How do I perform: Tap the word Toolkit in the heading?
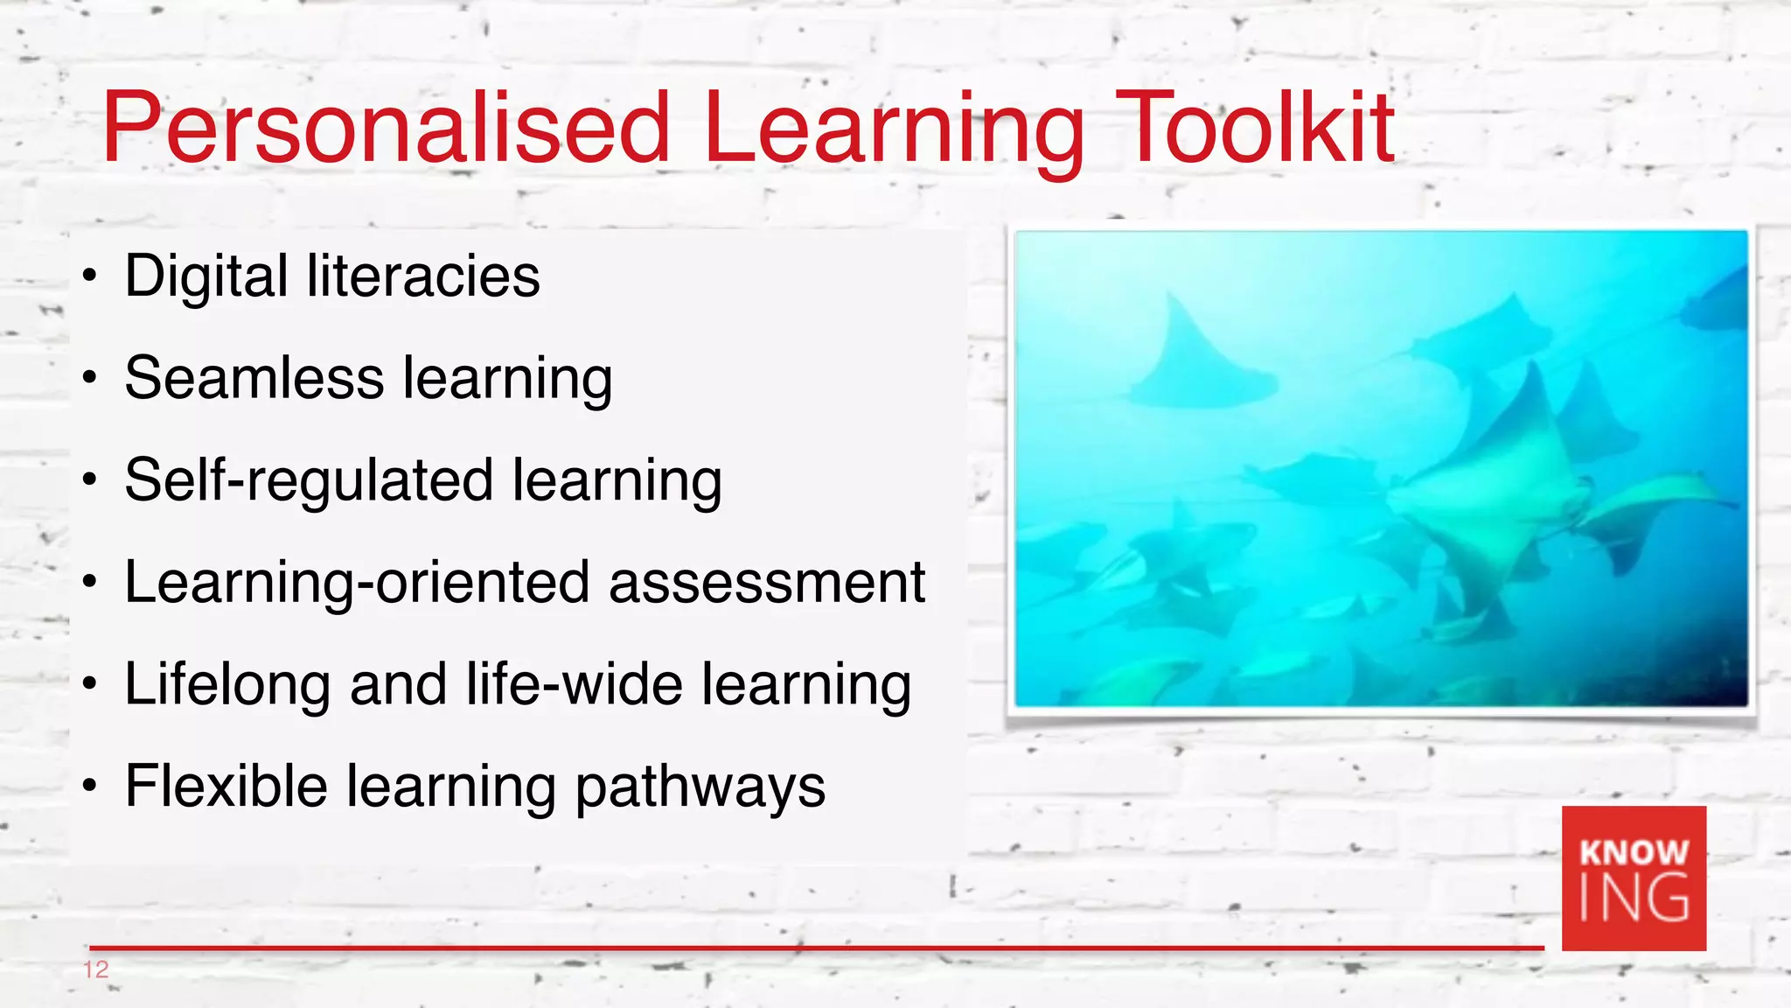(x=1255, y=129)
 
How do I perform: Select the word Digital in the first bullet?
(x=206, y=276)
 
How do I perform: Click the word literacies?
(x=423, y=276)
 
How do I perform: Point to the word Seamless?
(x=254, y=379)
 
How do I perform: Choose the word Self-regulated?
(x=309, y=480)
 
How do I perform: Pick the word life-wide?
(x=574, y=684)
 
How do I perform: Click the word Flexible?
(x=226, y=786)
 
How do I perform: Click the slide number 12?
(x=95, y=969)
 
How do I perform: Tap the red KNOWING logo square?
(x=1634, y=878)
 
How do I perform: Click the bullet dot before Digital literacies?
(x=89, y=277)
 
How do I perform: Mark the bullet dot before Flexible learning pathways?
(x=89, y=787)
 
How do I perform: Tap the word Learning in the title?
(x=892, y=129)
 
